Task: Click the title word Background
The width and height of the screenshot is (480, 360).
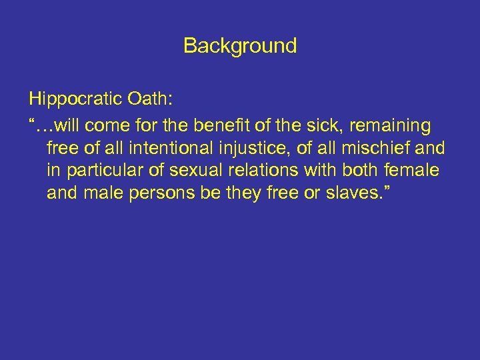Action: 240,46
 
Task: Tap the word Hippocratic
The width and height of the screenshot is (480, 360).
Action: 72,100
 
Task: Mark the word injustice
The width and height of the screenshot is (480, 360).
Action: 249,147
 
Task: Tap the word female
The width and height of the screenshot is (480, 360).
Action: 413,171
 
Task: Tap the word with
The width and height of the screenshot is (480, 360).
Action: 319,171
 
